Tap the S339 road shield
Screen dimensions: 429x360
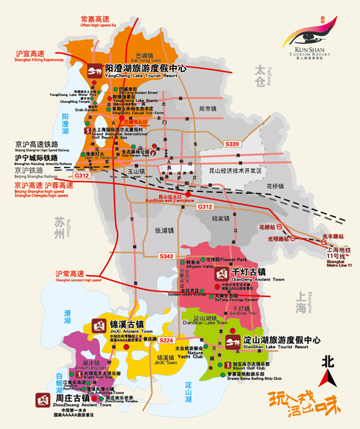coord(232,144)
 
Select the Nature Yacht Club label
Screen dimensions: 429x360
coord(207,357)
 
